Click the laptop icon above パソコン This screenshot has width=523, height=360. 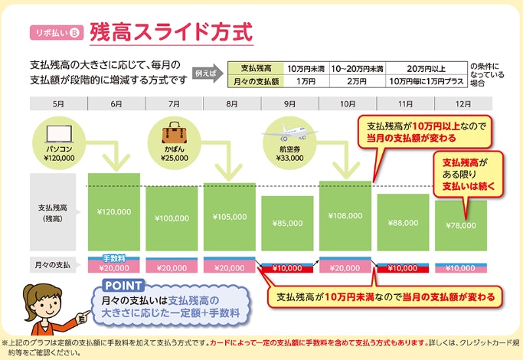click(x=59, y=135)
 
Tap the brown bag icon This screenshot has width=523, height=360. click(x=175, y=133)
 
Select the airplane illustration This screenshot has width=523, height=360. click(x=289, y=133)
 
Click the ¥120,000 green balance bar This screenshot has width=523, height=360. click(x=114, y=212)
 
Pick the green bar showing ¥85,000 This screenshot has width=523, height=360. click(x=287, y=223)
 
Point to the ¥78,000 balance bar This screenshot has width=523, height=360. click(x=461, y=225)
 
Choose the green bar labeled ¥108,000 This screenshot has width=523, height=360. click(x=345, y=216)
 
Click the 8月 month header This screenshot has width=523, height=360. click(x=232, y=103)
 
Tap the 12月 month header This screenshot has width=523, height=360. click(x=463, y=103)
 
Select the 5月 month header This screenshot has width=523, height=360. click(x=58, y=103)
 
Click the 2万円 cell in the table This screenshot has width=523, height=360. click(x=357, y=81)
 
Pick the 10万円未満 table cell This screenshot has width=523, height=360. click(x=306, y=69)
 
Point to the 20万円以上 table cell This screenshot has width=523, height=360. click(x=427, y=69)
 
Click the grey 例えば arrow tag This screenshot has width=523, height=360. click(x=207, y=73)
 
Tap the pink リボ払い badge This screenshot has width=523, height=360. click(x=57, y=33)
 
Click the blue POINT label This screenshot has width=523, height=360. click(x=123, y=286)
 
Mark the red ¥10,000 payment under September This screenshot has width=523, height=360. click(x=287, y=268)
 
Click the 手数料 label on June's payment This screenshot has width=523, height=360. click(x=114, y=258)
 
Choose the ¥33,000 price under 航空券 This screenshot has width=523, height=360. click(x=289, y=158)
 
